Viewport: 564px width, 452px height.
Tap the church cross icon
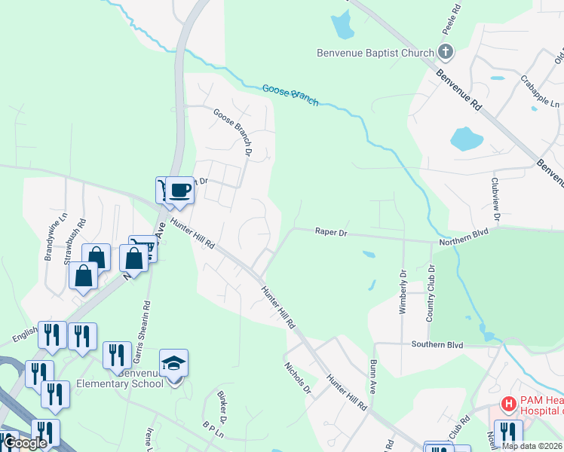[446, 52]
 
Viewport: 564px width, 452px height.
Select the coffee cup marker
[179, 190]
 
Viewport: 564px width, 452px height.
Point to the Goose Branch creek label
[290, 95]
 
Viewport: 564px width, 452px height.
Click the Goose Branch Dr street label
[232, 131]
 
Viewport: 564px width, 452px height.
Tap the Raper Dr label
[331, 234]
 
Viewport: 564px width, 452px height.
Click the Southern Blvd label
[437, 344]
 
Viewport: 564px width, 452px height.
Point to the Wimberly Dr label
[403, 292]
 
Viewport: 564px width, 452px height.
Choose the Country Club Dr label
[431, 292]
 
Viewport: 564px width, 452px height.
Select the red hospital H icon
[508, 405]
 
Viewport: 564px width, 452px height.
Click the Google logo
[24, 443]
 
